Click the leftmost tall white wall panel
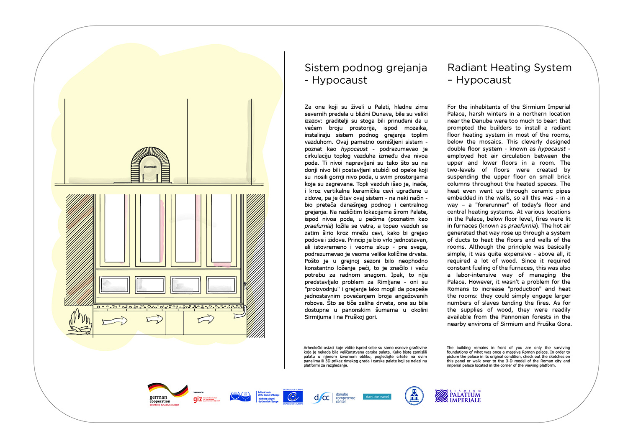[114, 228]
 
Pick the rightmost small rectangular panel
[221, 285]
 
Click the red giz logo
[198, 399]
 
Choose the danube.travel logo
[377, 397]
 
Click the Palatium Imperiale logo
[458, 396]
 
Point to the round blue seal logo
[414, 396]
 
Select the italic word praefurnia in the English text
[522, 226]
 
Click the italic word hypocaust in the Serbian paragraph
[354, 149]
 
